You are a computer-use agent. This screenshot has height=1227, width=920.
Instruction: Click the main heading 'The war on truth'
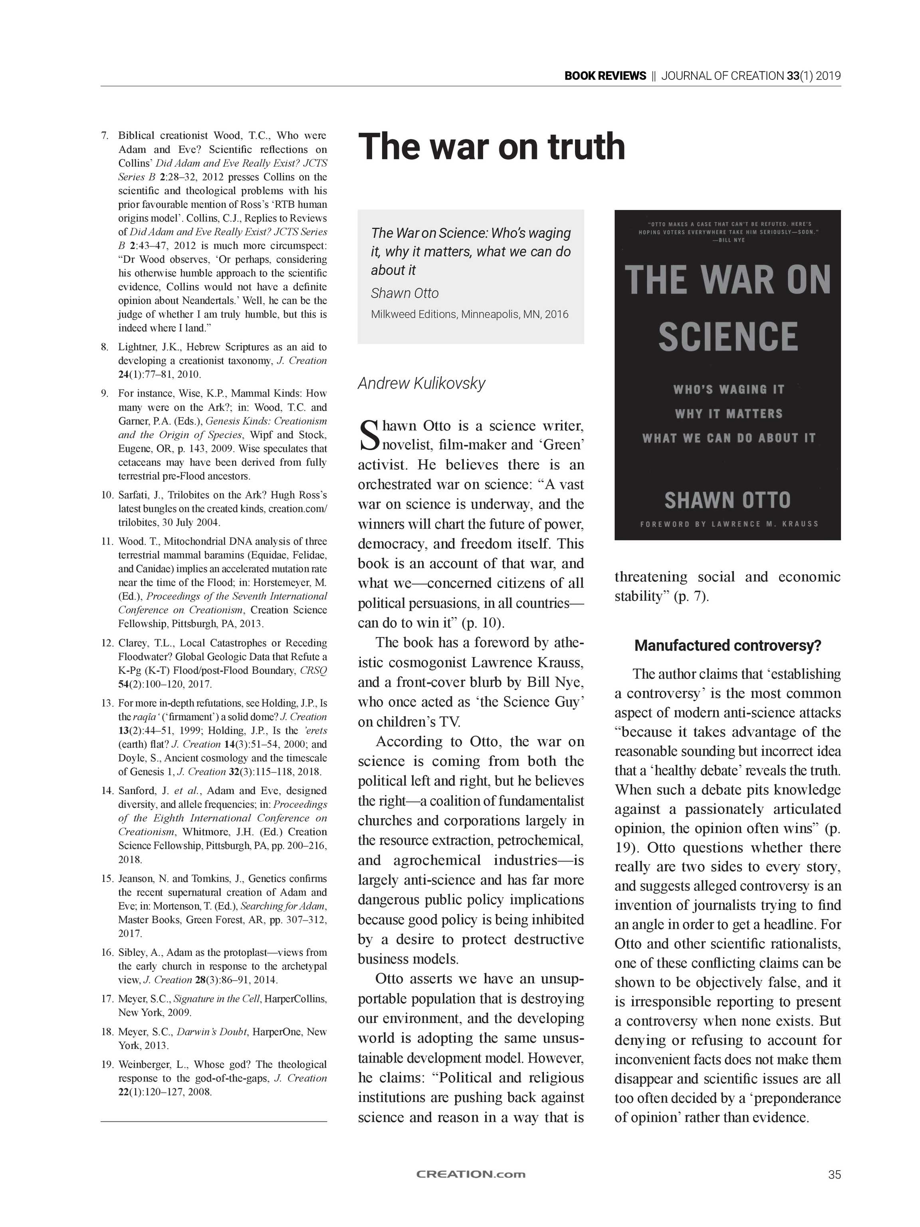pos(491,147)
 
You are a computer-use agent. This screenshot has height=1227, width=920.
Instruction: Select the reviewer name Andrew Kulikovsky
pos(421,383)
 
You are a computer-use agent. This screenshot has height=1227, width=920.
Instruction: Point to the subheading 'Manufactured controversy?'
pos(728,646)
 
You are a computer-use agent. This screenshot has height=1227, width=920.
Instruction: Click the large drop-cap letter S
pos(369,435)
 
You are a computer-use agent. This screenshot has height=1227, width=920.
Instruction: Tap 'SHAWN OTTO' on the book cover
pos(727,500)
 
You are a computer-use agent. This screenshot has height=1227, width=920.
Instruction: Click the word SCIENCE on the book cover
pos(728,337)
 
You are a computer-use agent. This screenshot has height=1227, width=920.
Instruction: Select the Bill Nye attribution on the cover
pos(728,240)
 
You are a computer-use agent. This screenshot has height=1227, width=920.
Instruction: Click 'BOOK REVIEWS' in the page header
pos(605,76)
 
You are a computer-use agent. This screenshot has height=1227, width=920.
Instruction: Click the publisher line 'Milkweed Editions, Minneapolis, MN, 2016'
pos(470,314)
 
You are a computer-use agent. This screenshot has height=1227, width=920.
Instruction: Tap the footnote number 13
pos(107,703)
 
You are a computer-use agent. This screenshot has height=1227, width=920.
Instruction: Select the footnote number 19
pos(107,1064)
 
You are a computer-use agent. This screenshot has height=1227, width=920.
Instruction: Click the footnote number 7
pos(104,135)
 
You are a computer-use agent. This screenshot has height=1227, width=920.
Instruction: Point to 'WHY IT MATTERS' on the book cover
pos(728,414)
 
